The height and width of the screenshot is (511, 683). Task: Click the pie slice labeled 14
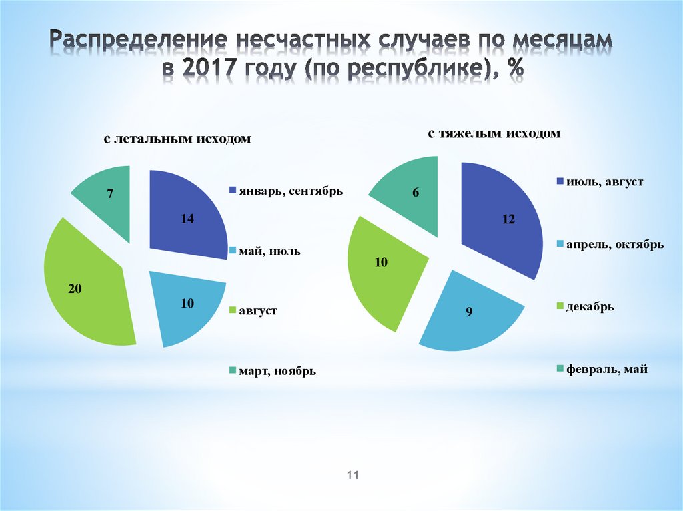point(187,213)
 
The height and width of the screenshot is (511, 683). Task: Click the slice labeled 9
point(470,310)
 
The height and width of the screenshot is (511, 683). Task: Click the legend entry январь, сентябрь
point(285,191)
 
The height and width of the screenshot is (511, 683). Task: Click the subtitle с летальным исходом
point(177,139)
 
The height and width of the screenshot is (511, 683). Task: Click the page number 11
point(353,475)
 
